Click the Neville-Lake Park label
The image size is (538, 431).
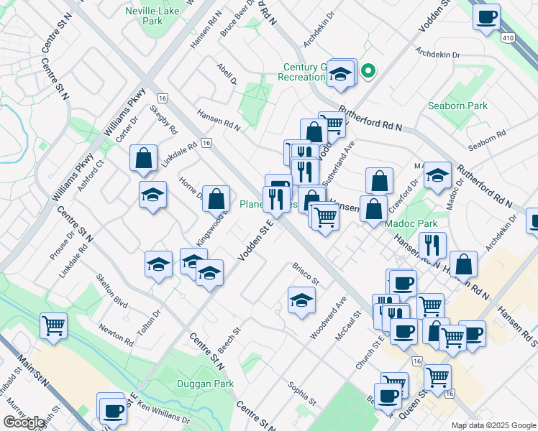(152, 17)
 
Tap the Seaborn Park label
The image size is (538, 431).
(468, 106)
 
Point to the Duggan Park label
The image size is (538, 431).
(205, 384)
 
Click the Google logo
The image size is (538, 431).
(24, 422)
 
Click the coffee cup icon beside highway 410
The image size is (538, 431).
(486, 16)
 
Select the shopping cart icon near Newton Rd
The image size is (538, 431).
(54, 325)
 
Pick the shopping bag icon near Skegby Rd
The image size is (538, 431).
(144, 157)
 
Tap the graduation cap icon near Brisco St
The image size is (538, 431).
(301, 299)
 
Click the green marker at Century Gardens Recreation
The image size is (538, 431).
(368, 70)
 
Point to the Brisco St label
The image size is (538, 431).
(306, 273)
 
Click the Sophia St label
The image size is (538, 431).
(302, 392)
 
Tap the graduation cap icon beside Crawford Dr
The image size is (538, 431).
(437, 175)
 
